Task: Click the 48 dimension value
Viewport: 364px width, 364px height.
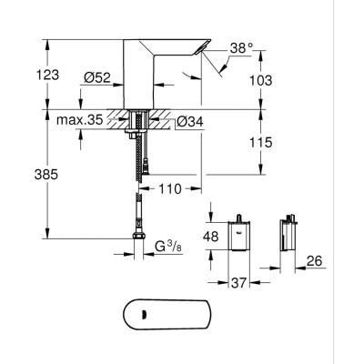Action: [x=209, y=235]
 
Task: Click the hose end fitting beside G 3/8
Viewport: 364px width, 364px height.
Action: [x=138, y=244]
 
